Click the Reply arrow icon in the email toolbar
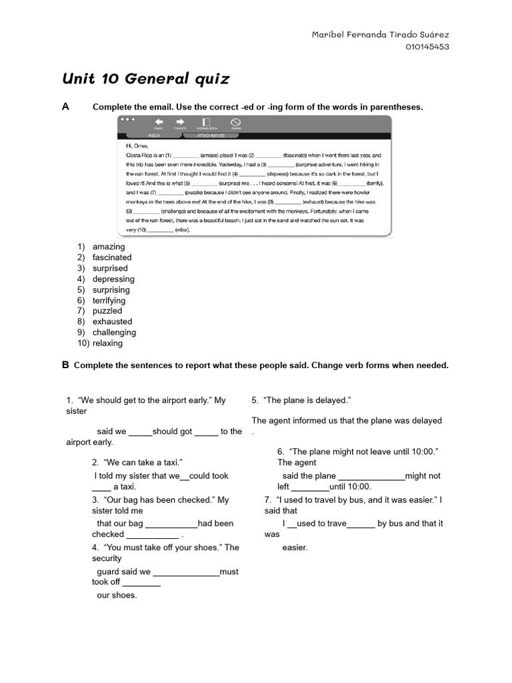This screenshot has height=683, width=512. click(x=159, y=122)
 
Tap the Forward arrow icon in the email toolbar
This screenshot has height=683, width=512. click(x=180, y=122)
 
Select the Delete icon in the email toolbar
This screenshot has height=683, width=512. click(x=235, y=122)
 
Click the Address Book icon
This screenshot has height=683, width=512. click(x=206, y=122)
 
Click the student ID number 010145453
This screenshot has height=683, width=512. click(x=427, y=47)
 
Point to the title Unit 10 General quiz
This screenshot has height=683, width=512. click(x=146, y=79)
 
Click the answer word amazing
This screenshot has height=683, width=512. click(x=109, y=247)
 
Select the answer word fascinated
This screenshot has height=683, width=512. click(x=112, y=257)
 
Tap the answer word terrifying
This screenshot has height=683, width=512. click(x=109, y=300)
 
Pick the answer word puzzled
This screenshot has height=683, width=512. click(x=107, y=311)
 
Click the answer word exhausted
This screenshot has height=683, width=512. click(x=113, y=321)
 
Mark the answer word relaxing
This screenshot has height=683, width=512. click(x=108, y=344)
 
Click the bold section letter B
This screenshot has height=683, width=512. click(x=65, y=365)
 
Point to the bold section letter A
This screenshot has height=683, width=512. click(x=65, y=107)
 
